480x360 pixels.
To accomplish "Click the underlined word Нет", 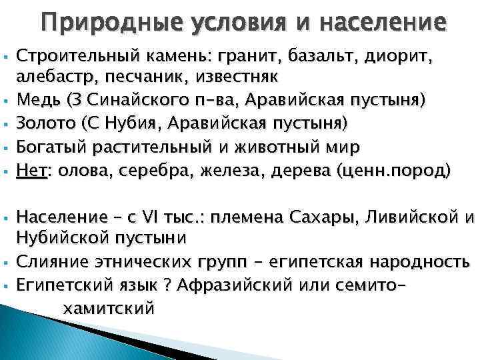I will (31, 171).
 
